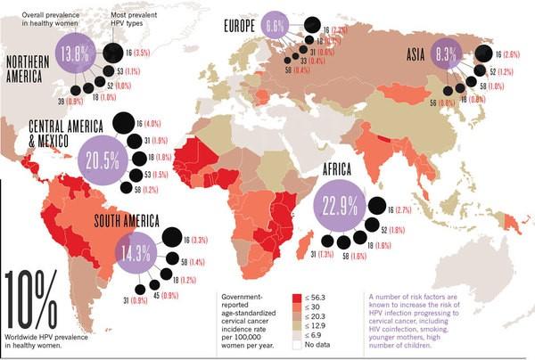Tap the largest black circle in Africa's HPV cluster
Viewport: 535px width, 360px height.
point(374,208)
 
